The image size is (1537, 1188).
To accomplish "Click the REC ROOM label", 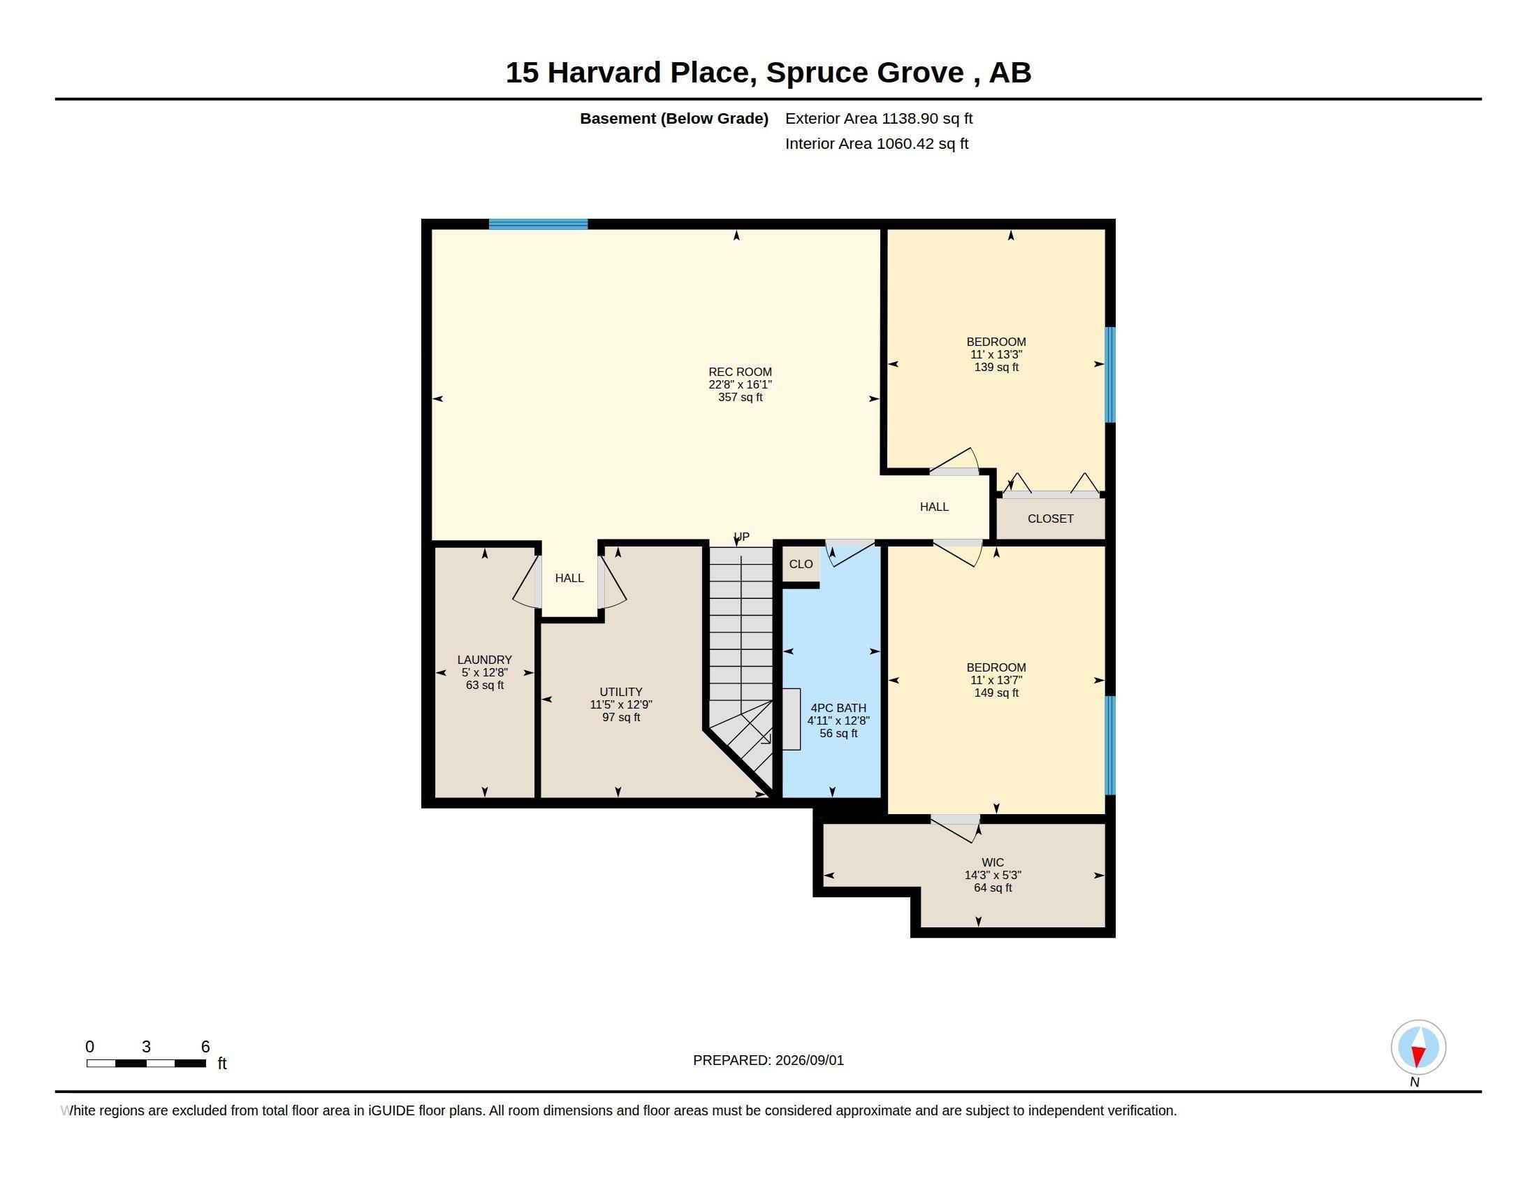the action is point(740,372).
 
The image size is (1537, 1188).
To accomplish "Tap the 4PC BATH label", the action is point(838,708).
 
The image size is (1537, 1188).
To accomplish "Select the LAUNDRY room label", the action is point(484,660).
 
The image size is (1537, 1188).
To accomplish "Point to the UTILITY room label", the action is point(620,692).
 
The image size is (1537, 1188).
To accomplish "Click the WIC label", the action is point(992,862).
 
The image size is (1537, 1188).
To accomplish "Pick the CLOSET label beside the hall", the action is point(1050,519).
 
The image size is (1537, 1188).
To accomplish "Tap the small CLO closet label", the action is point(801,564).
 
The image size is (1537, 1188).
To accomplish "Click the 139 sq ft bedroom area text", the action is point(996,368).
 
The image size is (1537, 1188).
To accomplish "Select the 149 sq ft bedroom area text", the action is point(996,693).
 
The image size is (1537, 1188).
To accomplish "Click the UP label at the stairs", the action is point(741,537).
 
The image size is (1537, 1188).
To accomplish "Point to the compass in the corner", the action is point(1418,1048).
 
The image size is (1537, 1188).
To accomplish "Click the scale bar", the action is point(147,1063).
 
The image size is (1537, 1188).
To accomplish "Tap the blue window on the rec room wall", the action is point(539,224).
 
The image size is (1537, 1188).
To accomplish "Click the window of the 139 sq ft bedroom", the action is point(1110,375).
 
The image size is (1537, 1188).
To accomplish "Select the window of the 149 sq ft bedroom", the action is point(1110,746).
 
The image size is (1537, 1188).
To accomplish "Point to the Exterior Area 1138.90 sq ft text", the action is point(878,118).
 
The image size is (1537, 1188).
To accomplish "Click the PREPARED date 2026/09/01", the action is point(809,1060).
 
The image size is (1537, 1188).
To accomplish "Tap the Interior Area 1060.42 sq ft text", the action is point(876,143).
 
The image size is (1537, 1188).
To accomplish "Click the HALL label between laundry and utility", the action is point(569,578).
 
